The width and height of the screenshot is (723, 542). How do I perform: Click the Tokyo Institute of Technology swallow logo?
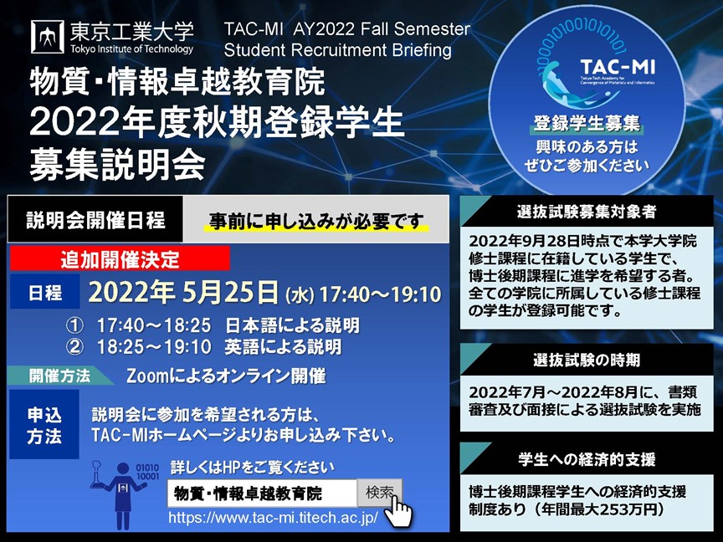[47, 37]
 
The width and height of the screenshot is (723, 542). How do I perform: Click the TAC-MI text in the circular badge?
[618, 67]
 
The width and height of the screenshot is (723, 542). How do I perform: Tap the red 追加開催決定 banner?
[120, 258]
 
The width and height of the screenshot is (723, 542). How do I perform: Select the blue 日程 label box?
[44, 292]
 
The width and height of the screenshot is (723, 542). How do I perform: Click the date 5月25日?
[231, 293]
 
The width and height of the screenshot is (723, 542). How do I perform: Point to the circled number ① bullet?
[74, 326]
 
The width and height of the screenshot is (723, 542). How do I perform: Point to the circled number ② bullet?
[74, 346]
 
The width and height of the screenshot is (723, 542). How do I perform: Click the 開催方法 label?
[60, 376]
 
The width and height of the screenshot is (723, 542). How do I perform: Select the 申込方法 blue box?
[44, 424]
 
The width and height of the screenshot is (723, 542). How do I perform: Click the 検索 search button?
[380, 492]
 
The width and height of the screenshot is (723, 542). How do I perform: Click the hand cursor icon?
[398, 511]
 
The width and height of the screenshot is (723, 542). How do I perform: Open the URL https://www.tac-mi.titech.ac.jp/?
[273, 518]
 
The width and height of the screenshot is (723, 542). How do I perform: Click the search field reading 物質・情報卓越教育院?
[262, 493]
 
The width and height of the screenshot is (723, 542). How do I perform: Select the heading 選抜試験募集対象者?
[587, 212]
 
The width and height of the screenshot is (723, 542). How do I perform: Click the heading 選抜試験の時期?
[587, 360]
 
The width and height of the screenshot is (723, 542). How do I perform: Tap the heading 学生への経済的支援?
[587, 459]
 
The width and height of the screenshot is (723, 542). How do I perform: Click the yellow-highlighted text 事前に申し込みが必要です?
[316, 221]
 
